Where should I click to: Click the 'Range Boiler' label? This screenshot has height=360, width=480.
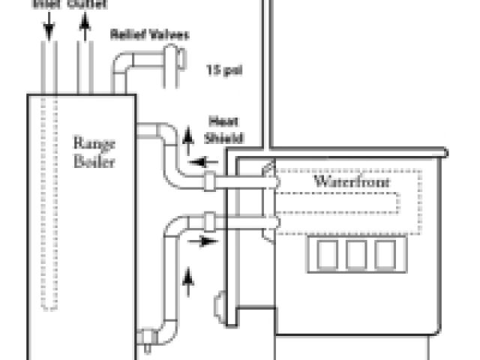tap(94, 151)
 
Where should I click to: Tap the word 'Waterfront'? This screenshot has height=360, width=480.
tap(342, 182)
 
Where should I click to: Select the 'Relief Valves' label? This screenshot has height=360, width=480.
tap(149, 34)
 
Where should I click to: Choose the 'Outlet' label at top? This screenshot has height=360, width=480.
tap(87, 4)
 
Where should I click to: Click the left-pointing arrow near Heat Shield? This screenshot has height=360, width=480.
tap(198, 160)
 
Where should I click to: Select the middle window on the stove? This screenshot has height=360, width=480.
tap(357, 255)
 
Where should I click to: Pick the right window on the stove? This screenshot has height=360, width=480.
tap(385, 255)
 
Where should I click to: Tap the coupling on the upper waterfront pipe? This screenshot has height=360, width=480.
tap(210, 180)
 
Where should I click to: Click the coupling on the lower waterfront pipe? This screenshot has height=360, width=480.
tap(210, 222)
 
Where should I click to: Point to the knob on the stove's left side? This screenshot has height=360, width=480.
tap(220, 307)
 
